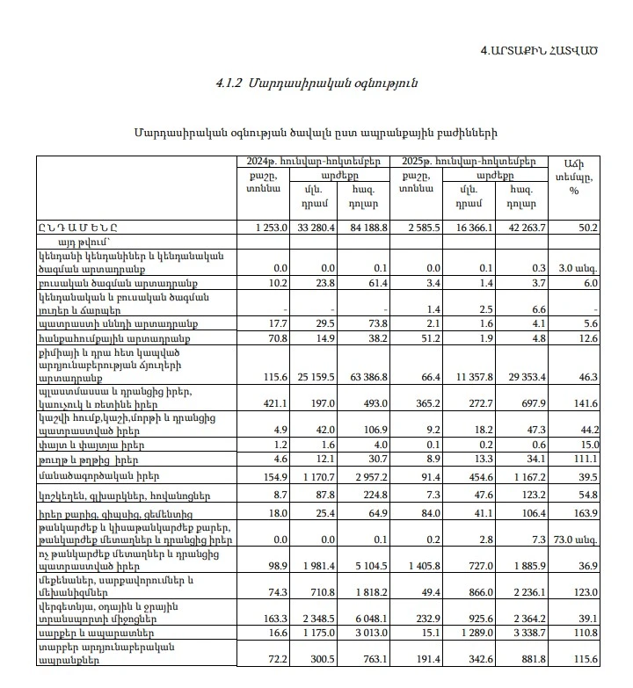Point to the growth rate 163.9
pyautogui.click(x=585, y=512)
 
